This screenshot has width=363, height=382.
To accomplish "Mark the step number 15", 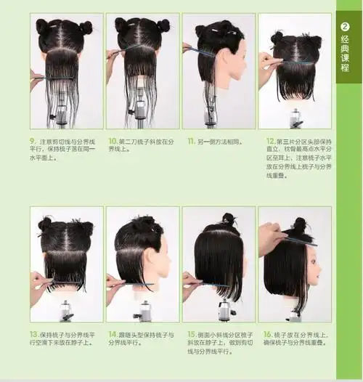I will coord(191,335).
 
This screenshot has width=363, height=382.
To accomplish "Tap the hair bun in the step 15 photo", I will coord(228,217).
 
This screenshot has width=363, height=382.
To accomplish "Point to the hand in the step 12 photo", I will coord(266,62).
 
